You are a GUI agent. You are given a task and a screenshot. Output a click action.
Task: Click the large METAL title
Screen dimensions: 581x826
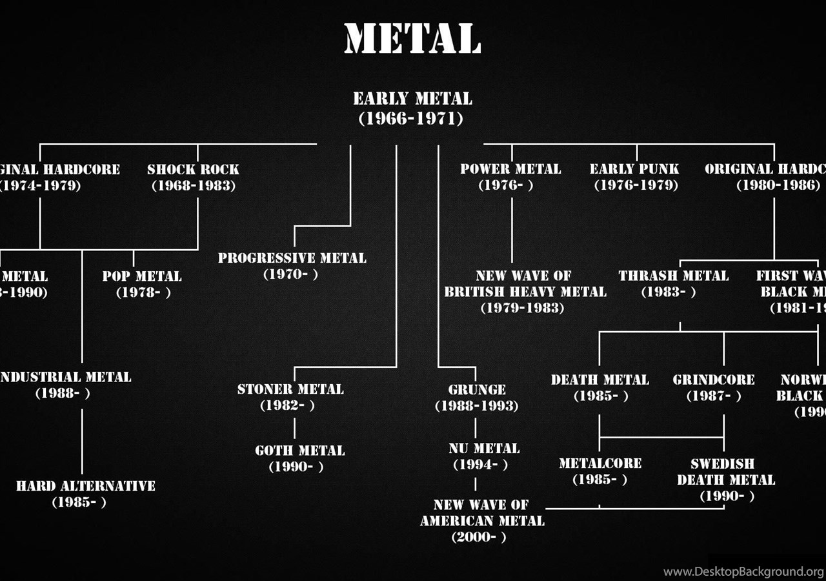(x=412, y=39)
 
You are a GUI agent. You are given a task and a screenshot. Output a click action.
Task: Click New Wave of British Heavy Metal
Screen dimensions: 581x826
(x=524, y=292)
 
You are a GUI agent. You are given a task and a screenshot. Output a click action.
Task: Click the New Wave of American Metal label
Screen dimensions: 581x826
(x=482, y=520)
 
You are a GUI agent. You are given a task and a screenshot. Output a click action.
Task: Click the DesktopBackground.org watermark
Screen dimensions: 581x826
(x=743, y=571)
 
